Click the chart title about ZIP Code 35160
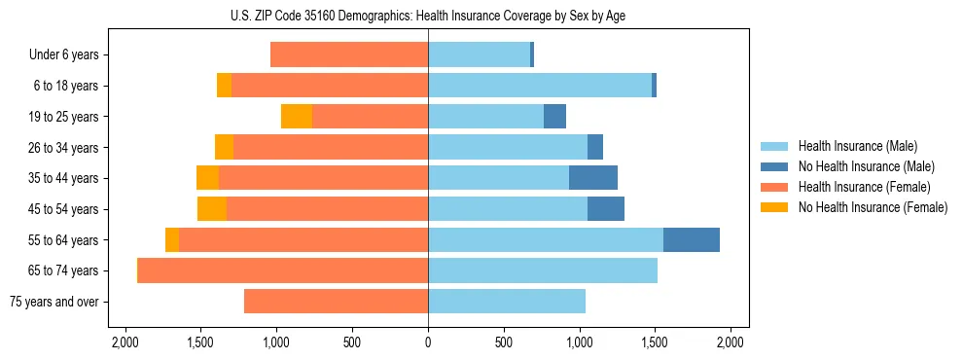428,15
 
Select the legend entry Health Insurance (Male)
856,146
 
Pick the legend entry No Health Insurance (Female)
873,207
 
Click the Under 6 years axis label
63,55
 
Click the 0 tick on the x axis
428,342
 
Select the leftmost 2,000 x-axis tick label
125,342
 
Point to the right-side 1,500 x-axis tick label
655,342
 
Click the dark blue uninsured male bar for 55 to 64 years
692,240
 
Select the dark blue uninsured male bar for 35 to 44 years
593,178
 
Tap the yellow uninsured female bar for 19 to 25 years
297,117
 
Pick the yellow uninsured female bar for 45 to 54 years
212,209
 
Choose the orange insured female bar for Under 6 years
349,55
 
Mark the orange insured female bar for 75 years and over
336,302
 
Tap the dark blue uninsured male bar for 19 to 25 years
554,117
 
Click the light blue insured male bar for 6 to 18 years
540,86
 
